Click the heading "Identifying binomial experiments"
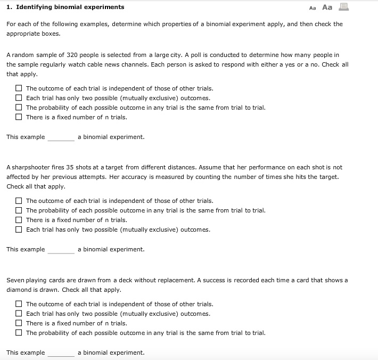coord(70,7)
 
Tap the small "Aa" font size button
coord(312,7)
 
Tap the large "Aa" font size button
coord(327,7)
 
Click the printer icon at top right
coord(343,7)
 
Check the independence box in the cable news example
coord(19,88)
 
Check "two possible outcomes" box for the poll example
coord(19,98)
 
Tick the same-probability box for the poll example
coord(19,108)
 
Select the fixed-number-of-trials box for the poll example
coord(19,117)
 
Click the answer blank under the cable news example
coord(61,137)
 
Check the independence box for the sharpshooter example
coord(19,201)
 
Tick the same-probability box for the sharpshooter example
coord(19,210)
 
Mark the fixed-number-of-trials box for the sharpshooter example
coord(19,220)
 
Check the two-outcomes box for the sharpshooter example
coord(19,230)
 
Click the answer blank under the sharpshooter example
coord(61,250)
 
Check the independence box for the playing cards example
coord(19,304)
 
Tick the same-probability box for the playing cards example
coord(19,333)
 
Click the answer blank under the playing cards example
coord(61,353)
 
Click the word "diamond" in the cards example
coord(19,290)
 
